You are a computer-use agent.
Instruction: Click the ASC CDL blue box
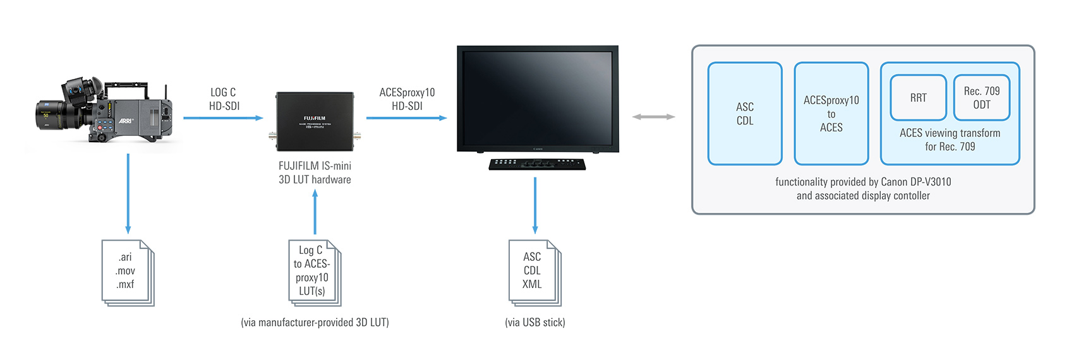[x=745, y=114]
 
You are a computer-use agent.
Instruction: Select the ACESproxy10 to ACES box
[x=831, y=114]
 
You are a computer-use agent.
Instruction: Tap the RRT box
[x=918, y=98]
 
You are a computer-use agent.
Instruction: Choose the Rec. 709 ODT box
[x=981, y=98]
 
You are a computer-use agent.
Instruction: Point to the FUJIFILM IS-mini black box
[x=315, y=121]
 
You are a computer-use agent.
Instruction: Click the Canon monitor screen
[x=538, y=95]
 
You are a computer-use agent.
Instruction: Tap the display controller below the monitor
[x=537, y=164]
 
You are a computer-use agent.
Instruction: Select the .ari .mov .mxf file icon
[x=127, y=272]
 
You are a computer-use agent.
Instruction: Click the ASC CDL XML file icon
[x=534, y=272]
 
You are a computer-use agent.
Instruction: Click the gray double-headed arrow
[x=654, y=117]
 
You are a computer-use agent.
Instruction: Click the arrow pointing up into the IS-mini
[x=315, y=212]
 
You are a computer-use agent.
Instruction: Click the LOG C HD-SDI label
[x=224, y=99]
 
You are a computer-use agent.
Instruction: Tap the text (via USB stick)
[x=535, y=322]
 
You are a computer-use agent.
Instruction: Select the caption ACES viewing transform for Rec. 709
[x=950, y=140]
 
